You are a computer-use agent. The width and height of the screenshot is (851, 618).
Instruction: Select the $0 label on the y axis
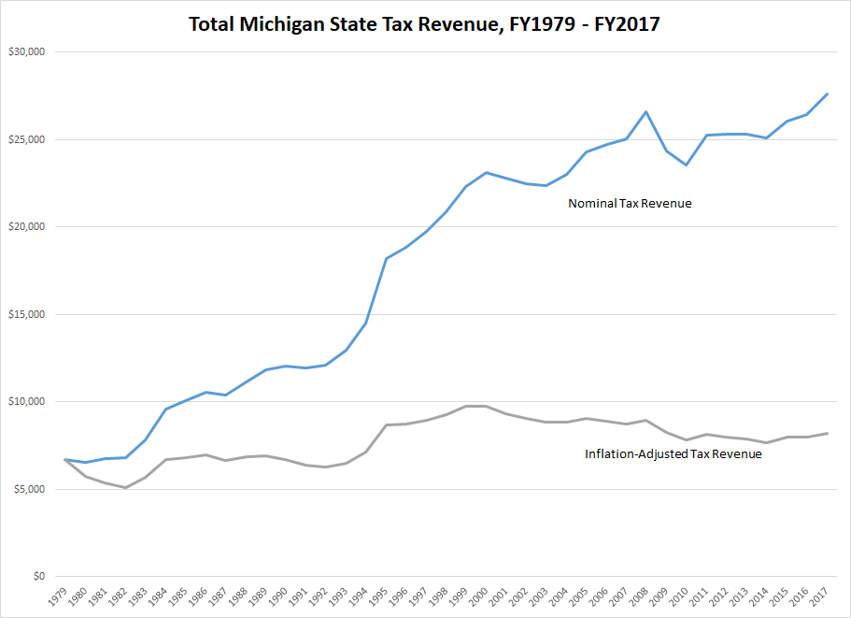click(x=35, y=577)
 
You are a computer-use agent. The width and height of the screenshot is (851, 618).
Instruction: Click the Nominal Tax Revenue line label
click(x=630, y=203)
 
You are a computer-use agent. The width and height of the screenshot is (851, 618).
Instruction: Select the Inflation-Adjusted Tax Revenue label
click(x=673, y=454)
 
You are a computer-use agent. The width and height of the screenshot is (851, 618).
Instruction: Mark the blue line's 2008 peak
click(x=646, y=112)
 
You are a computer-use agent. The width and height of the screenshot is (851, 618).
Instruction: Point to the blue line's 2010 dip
click(x=687, y=165)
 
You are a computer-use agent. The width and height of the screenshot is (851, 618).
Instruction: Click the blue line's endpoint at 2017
click(x=828, y=93)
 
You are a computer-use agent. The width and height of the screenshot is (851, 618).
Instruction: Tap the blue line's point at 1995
click(x=386, y=258)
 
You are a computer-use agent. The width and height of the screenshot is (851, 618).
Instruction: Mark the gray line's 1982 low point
click(x=125, y=487)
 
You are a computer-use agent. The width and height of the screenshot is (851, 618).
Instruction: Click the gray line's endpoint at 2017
click(x=828, y=433)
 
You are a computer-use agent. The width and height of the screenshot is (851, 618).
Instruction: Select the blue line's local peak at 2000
click(x=486, y=172)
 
